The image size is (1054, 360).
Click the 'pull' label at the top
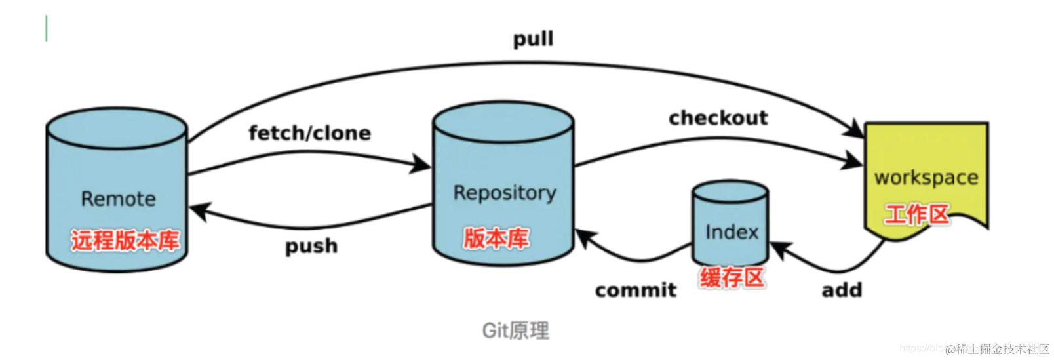pos(533,39)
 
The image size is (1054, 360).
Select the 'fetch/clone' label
pos(309,133)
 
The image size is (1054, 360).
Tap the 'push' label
pos(311,246)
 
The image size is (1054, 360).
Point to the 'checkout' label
pos(718,118)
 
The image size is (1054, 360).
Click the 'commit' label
pos(635,290)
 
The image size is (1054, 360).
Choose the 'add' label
pos(842,290)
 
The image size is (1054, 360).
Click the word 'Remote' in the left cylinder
pos(118,199)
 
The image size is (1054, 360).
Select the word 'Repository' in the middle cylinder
pos(504,193)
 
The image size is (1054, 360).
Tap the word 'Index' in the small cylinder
pos(732,232)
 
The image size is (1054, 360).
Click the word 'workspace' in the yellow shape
pos(926,178)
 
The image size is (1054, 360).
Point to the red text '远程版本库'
pos(125,241)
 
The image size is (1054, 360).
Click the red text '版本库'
pos(496,238)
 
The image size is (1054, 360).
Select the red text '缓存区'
pos(732,278)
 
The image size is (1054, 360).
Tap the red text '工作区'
pos(916,214)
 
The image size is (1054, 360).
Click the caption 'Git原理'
pos(515,330)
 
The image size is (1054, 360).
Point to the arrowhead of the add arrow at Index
pos(779,250)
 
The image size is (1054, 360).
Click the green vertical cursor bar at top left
pos(47,29)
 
